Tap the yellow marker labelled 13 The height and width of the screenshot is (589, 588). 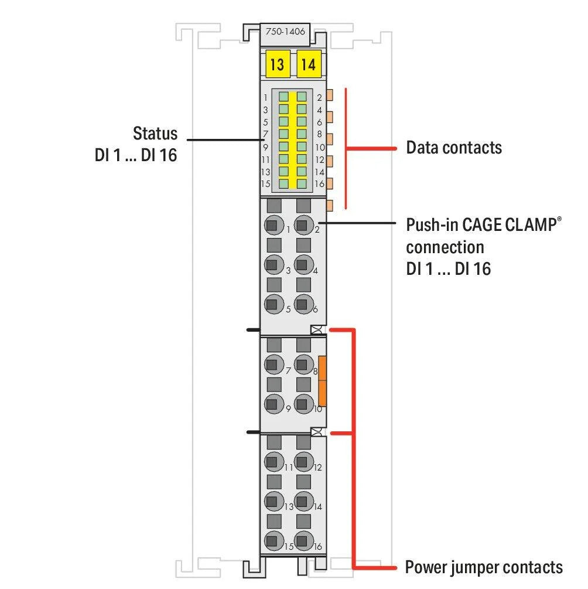pos(277,64)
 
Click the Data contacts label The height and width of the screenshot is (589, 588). pos(454,147)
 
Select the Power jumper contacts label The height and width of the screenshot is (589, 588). pos(484,567)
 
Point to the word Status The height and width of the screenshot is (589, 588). pos(155,133)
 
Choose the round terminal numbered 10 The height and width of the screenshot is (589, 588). pos(302,403)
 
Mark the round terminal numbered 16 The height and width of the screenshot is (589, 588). pos(302,540)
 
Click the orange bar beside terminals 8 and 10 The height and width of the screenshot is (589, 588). pos(322,381)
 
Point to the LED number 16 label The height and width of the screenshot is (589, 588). pos(320,184)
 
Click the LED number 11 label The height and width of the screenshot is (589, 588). pos(265,159)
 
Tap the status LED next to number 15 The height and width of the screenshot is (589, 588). pos(284,184)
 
